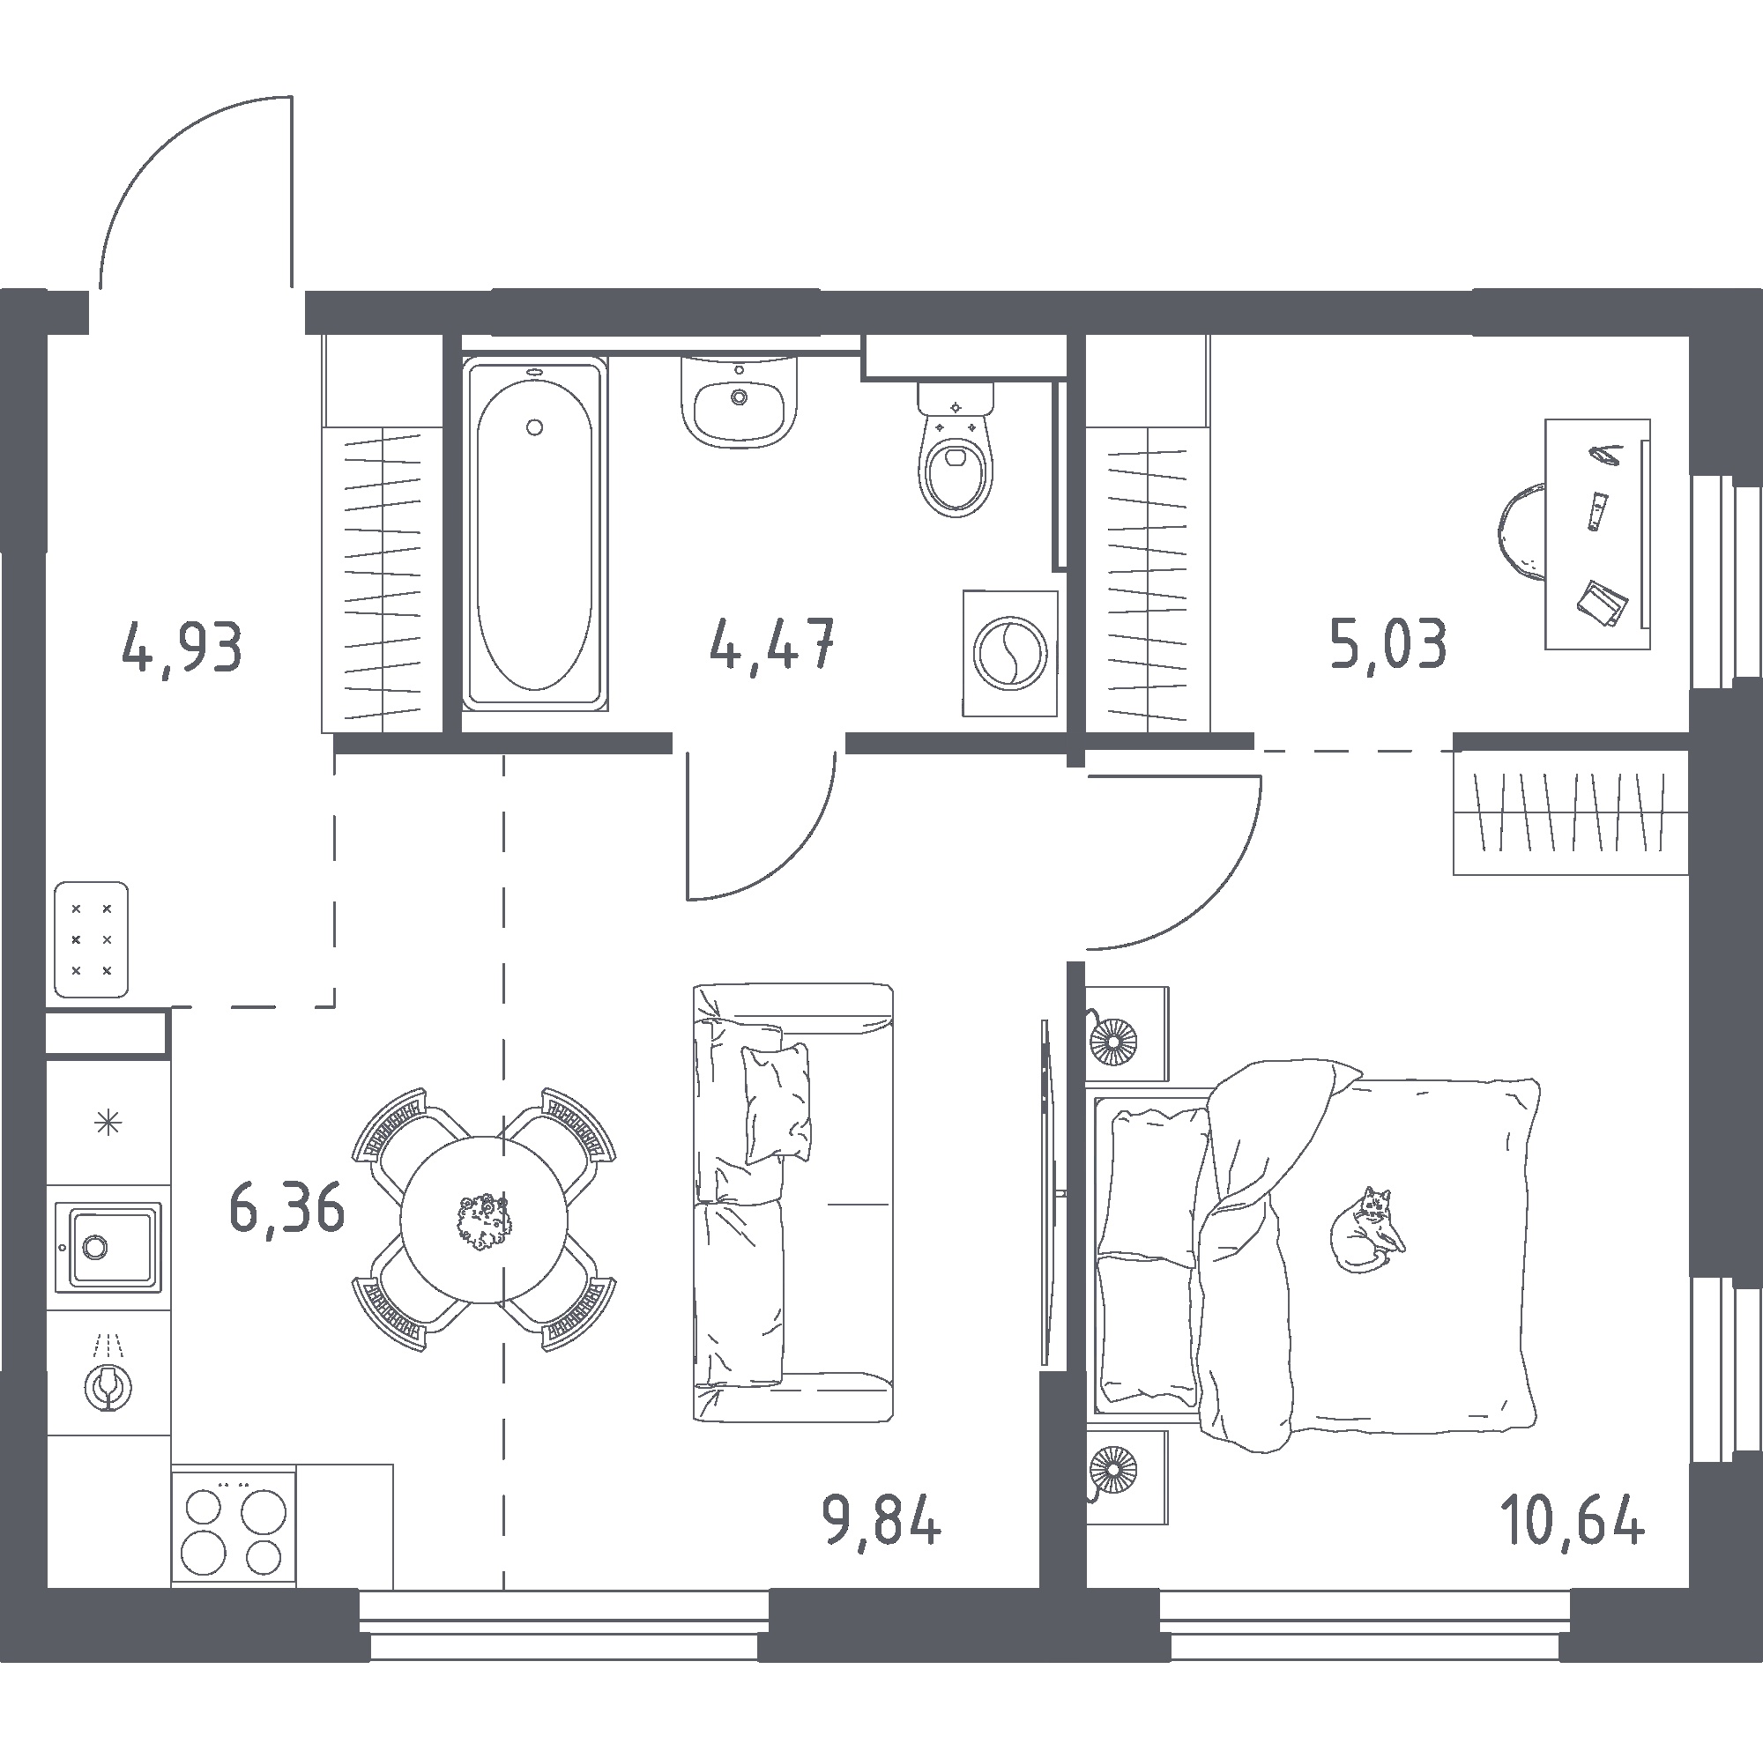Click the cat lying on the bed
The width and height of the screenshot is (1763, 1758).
(x=1367, y=1229)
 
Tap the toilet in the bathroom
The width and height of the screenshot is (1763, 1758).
(x=956, y=449)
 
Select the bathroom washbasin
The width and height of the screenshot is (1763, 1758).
(x=740, y=402)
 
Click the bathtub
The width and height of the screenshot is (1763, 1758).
(x=535, y=534)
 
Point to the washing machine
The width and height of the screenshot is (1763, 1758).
(x=1010, y=652)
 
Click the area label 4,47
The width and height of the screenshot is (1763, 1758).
(x=772, y=643)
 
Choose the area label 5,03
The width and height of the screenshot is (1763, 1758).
(x=1388, y=643)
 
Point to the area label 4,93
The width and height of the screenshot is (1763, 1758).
(x=182, y=646)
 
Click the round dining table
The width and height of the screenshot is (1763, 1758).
(x=484, y=1219)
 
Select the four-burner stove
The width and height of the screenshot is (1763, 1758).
(x=234, y=1525)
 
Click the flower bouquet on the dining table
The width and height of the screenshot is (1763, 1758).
(x=483, y=1220)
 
